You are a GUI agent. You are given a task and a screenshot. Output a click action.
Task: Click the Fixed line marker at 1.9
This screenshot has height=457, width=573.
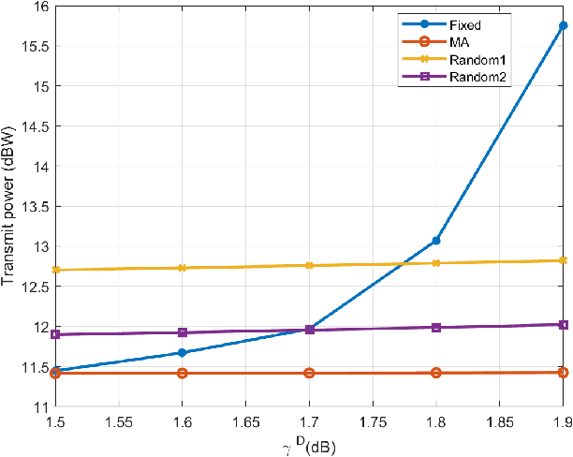point(563,26)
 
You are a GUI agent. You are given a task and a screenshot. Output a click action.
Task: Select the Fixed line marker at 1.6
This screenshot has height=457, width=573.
point(183,353)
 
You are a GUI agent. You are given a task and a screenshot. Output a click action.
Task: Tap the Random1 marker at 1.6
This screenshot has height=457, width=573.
point(183,268)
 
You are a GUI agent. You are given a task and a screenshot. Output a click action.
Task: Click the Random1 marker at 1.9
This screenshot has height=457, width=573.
point(563,260)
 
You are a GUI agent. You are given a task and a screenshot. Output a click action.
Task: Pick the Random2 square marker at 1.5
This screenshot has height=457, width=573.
point(55,334)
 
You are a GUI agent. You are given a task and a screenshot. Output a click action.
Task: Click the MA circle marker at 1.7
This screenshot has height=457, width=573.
point(309,373)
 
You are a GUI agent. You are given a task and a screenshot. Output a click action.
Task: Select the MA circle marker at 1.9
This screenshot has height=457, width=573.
point(563,372)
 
